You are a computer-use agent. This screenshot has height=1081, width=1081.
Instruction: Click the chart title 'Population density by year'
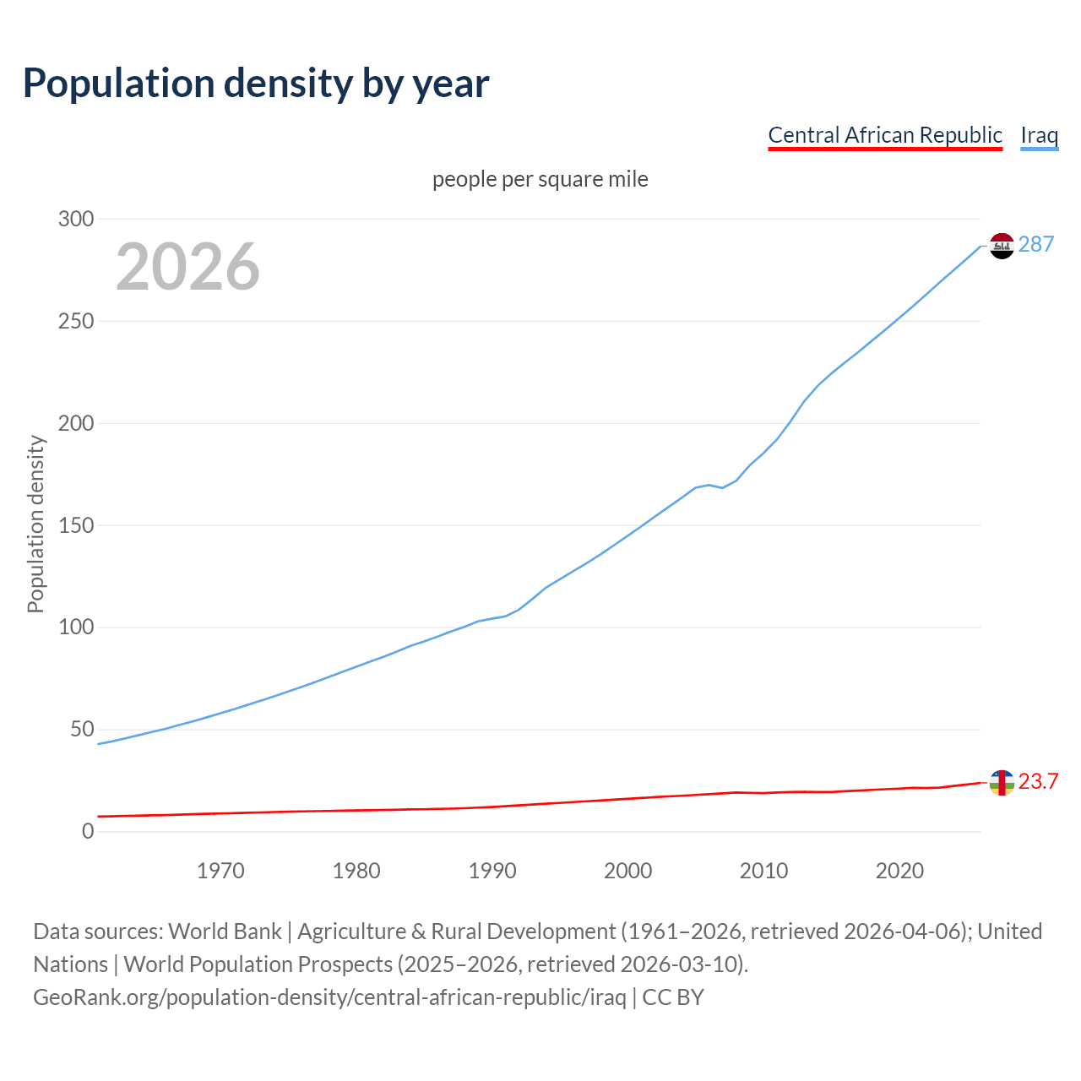tap(256, 84)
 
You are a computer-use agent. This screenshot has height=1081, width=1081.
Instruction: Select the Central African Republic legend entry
tap(884, 135)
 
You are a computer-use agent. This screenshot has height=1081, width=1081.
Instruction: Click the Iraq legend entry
tap(1039, 135)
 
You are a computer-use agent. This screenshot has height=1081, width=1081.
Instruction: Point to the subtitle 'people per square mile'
tap(540, 179)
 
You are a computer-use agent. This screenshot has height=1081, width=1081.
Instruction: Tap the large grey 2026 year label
tap(187, 267)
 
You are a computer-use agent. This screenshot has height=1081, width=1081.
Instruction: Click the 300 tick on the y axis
tap(76, 219)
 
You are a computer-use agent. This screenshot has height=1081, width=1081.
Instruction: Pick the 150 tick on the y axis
tap(76, 525)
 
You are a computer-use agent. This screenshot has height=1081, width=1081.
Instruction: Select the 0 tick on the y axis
tap(88, 831)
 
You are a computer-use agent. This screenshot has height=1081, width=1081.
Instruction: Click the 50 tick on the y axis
tap(82, 729)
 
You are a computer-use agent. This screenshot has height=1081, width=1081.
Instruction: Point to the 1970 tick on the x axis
tap(220, 871)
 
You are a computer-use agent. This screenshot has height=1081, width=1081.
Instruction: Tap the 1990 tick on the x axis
tap(492, 871)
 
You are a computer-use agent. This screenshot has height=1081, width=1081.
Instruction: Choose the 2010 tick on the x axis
tap(763, 871)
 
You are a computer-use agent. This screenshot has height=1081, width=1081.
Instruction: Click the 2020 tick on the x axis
tap(899, 871)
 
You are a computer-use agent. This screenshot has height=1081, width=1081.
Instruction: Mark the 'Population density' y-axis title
tap(35, 524)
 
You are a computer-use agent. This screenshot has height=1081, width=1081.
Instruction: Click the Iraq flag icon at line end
tap(1002, 246)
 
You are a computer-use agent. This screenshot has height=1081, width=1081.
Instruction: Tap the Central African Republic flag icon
tap(1002, 783)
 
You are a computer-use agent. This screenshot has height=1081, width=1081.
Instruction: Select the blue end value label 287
tap(1036, 244)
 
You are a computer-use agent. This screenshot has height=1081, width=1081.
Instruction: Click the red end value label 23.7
tap(1038, 781)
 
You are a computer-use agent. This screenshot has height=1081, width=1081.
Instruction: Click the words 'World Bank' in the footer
tap(225, 932)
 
